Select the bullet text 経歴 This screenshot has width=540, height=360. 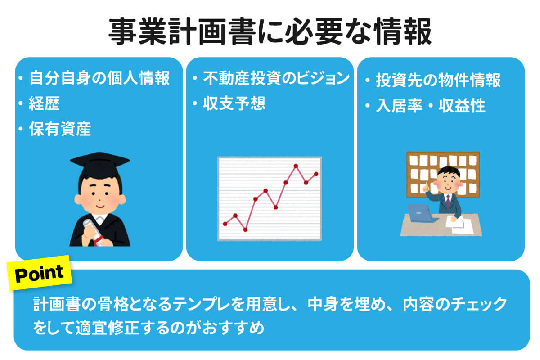44,104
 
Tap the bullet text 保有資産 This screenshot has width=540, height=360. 60,130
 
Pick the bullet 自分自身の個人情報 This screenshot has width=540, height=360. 99,79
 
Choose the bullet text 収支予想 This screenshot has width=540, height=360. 234,103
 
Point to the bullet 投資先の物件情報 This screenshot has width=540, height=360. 438,81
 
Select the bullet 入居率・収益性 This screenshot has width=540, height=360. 431,106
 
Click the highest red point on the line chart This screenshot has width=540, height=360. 296,166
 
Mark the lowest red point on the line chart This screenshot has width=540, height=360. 245,229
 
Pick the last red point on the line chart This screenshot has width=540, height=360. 316,174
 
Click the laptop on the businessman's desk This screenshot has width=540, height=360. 421,213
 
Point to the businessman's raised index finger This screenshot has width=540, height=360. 425,185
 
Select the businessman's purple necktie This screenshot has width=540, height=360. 448,201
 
